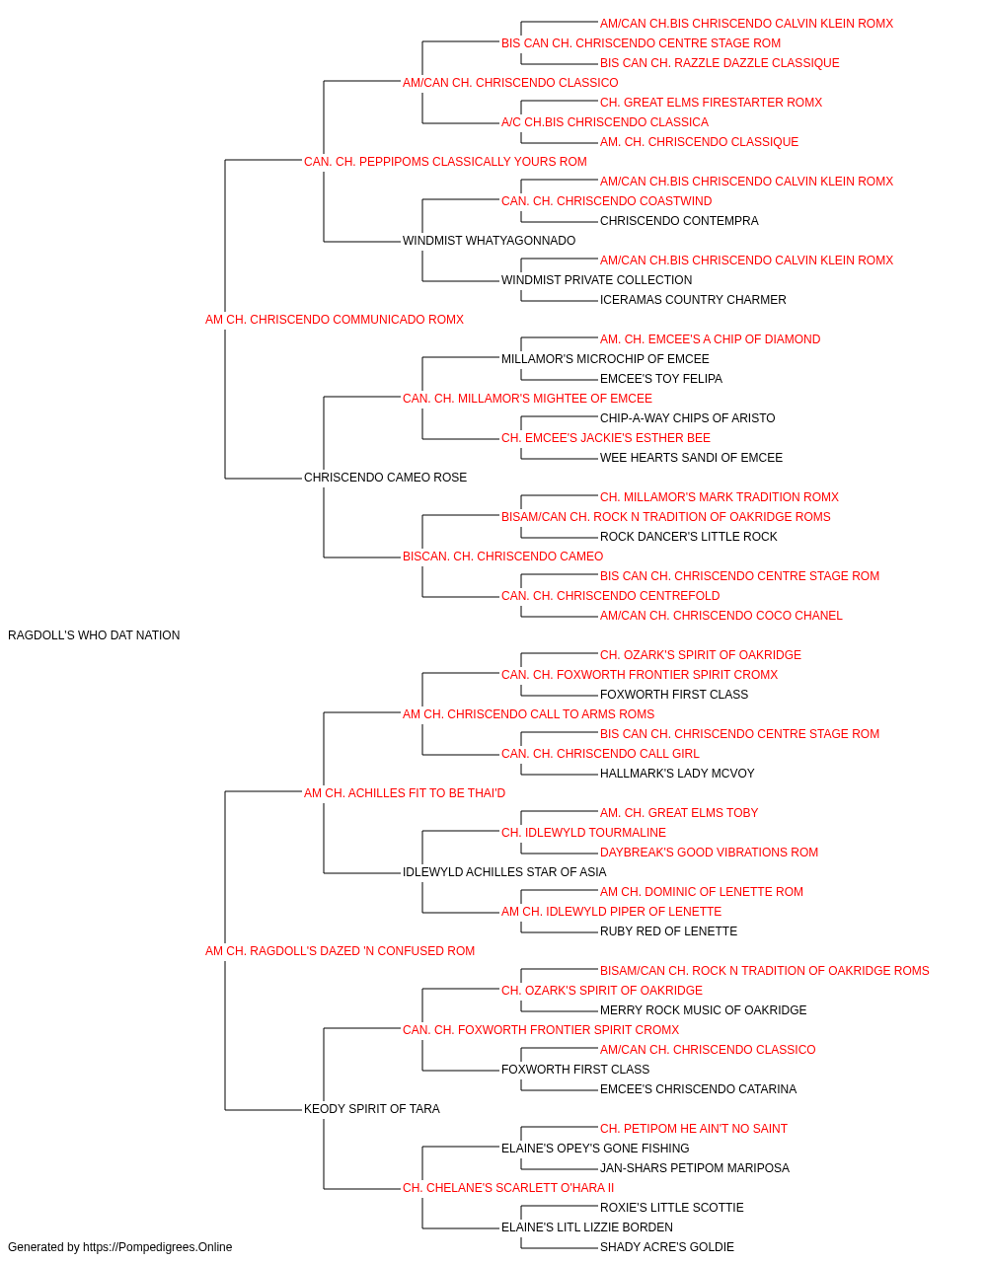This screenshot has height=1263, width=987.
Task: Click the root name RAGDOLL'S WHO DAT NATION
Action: [94, 635]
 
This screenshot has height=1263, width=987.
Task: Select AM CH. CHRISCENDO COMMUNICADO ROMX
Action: [335, 320]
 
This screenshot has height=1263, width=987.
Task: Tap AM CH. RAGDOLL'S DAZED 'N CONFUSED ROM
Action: [341, 951]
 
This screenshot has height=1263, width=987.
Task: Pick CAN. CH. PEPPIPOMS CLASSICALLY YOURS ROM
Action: [445, 162]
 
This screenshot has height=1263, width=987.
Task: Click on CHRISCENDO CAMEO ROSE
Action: [385, 478]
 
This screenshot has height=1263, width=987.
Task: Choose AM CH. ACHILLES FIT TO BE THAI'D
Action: [405, 792]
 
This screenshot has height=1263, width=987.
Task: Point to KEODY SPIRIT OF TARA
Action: [372, 1108]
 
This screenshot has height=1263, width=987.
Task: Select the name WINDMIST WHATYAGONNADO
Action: [489, 241]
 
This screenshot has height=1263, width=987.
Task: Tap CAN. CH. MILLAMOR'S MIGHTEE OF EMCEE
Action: [527, 398]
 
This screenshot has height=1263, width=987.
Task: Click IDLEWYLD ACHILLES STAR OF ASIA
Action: [504, 872]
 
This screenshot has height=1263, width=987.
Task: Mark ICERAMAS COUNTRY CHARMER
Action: [693, 300]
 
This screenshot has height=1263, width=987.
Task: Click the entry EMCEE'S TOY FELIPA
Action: [661, 378]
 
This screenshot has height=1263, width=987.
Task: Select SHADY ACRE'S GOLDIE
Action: [667, 1247]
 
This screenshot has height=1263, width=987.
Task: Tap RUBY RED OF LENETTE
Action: [668, 931]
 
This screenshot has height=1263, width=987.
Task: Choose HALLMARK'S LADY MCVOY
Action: [677, 773]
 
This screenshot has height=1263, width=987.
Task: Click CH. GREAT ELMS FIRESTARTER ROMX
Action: [711, 103]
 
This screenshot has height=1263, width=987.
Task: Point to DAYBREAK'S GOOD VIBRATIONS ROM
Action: [709, 853]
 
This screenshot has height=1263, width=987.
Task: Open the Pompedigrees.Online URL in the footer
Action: [158, 1247]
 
